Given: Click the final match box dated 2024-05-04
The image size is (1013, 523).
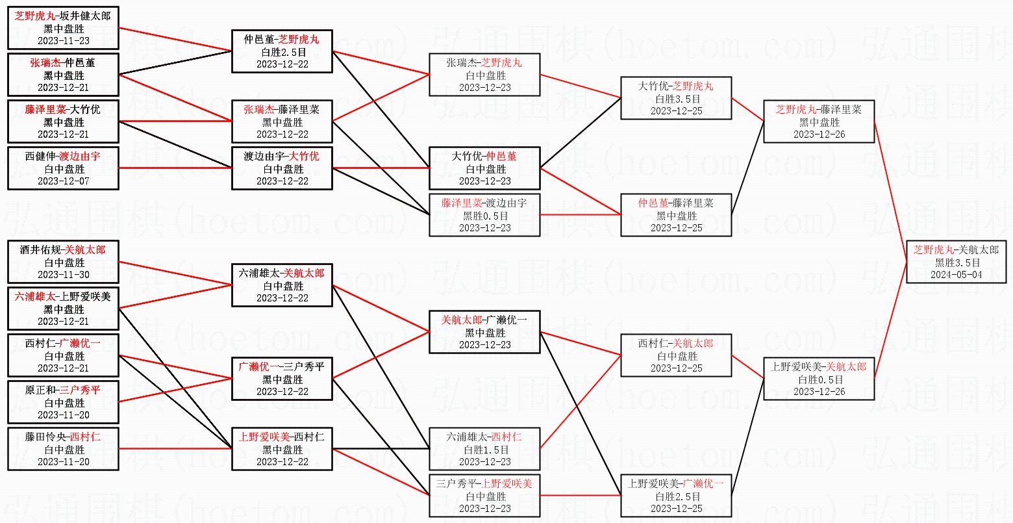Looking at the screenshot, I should (x=956, y=262).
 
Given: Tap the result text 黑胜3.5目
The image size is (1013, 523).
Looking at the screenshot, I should (x=957, y=262).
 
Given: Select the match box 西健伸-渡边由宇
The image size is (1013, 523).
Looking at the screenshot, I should (x=63, y=168).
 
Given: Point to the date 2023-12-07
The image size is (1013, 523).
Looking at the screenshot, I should (x=63, y=181).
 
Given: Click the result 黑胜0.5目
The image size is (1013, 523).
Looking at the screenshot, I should (x=484, y=216).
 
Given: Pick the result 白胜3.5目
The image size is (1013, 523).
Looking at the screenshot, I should (x=676, y=99).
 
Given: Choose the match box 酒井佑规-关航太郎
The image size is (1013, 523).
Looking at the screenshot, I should (x=63, y=262).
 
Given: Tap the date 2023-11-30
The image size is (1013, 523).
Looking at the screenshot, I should (x=63, y=274).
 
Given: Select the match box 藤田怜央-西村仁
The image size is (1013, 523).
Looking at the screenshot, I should (x=63, y=449).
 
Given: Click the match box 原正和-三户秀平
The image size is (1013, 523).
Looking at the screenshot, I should (x=63, y=402).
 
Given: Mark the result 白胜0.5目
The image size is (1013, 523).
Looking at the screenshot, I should (x=818, y=379).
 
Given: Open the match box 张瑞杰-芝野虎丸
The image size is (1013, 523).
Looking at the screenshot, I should (x=484, y=75).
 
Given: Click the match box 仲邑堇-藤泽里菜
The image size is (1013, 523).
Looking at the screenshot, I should (x=676, y=215).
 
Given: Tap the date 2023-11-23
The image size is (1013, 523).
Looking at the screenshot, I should (x=63, y=40).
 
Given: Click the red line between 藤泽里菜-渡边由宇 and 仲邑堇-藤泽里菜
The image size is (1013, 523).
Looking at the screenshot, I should (x=580, y=214).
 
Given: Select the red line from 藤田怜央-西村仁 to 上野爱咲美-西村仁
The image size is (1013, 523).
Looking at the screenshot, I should (x=175, y=448).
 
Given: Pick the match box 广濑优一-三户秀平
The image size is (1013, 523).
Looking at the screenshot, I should (x=282, y=379).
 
